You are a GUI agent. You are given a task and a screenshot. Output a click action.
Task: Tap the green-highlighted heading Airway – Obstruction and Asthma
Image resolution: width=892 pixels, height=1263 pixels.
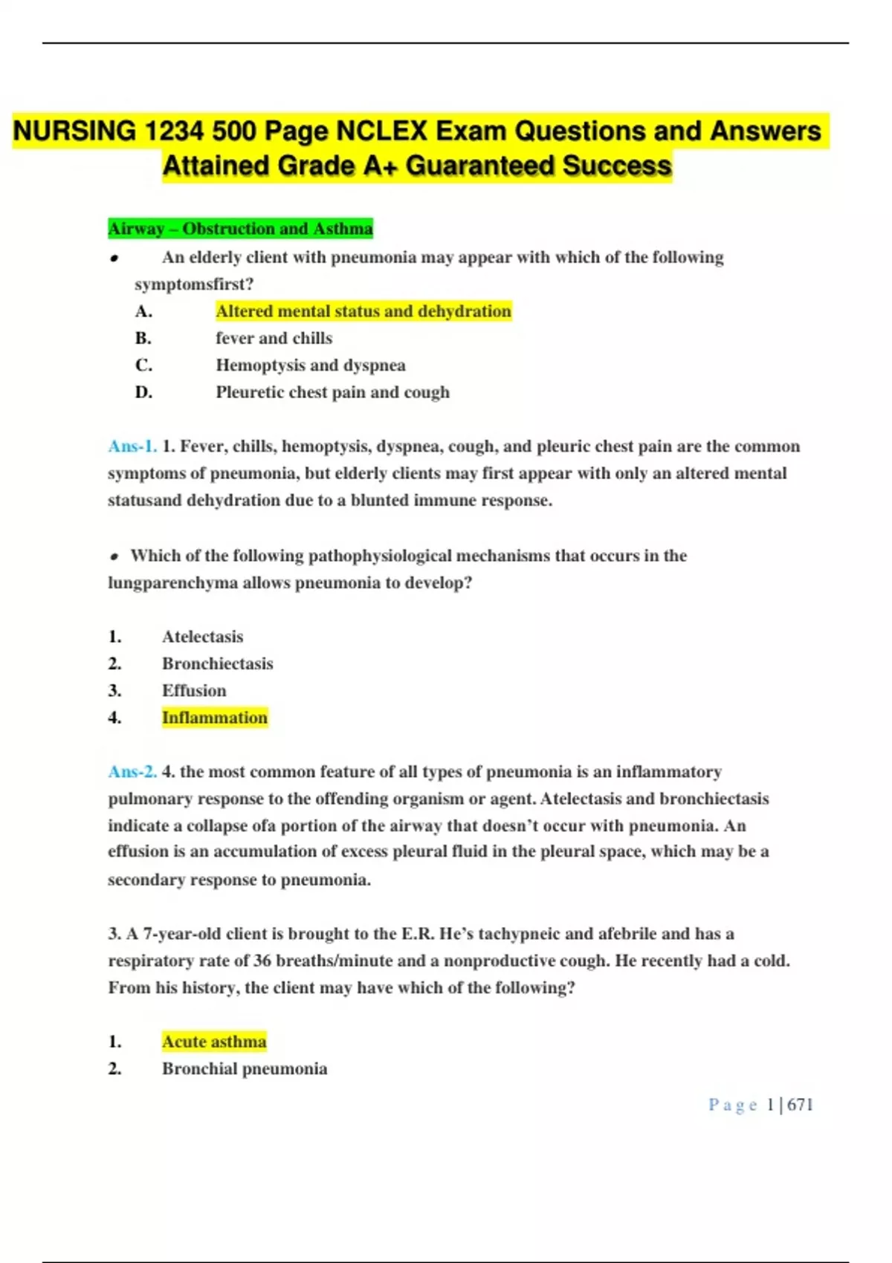click(240, 228)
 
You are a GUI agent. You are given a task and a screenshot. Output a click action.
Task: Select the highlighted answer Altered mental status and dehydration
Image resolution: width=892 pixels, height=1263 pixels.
click(363, 311)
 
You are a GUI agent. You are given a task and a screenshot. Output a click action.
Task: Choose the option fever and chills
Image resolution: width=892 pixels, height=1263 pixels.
click(274, 338)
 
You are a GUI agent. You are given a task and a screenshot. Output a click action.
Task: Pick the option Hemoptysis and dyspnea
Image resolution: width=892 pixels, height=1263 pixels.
click(310, 365)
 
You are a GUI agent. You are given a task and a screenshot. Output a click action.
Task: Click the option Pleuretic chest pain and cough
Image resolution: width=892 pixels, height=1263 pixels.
click(332, 392)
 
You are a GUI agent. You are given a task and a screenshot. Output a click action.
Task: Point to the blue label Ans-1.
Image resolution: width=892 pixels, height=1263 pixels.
click(132, 447)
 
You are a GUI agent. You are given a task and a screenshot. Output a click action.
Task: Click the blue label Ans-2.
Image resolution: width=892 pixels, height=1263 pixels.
click(132, 772)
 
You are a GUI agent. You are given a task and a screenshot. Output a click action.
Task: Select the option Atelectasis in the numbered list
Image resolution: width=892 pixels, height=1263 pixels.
click(202, 637)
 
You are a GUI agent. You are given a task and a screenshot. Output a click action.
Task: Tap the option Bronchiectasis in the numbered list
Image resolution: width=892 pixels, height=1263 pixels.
click(217, 663)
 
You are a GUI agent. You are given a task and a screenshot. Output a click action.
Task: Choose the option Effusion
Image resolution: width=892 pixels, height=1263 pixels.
click(194, 690)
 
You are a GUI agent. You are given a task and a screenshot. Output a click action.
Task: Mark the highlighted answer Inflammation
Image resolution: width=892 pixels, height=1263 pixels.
click(214, 718)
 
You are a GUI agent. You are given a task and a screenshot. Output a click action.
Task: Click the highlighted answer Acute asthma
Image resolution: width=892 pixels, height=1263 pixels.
click(214, 1042)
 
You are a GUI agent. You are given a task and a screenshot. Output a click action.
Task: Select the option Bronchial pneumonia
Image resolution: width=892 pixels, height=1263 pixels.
click(245, 1068)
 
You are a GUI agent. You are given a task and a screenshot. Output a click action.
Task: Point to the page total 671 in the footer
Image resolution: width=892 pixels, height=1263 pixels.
click(800, 1105)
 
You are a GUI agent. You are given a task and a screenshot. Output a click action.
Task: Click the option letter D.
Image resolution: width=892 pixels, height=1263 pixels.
click(143, 392)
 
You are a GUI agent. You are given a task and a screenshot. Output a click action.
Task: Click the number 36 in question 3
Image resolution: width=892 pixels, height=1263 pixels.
click(262, 961)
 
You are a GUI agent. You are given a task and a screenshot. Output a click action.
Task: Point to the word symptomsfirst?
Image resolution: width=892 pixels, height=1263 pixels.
click(194, 285)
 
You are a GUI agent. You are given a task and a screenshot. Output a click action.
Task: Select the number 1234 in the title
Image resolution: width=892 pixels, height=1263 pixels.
click(173, 131)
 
